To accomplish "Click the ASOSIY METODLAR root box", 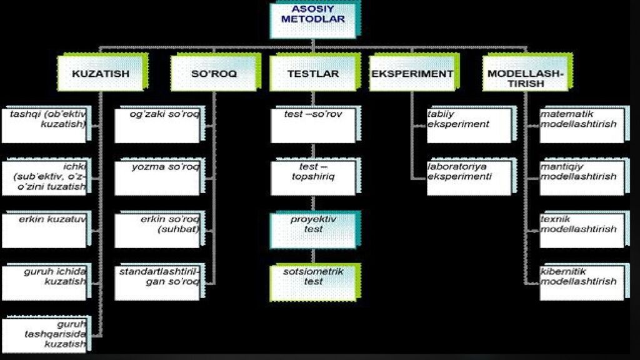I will pyautogui.click(x=313, y=19).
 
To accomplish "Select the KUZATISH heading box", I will pyautogui.click(x=101, y=74).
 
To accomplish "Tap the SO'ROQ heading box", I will pyautogui.click(x=214, y=74).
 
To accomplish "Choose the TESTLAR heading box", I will pyautogui.click(x=313, y=74).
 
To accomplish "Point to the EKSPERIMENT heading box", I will pyautogui.click(x=412, y=74).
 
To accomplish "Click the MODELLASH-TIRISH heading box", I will pyautogui.click(x=525, y=75).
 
